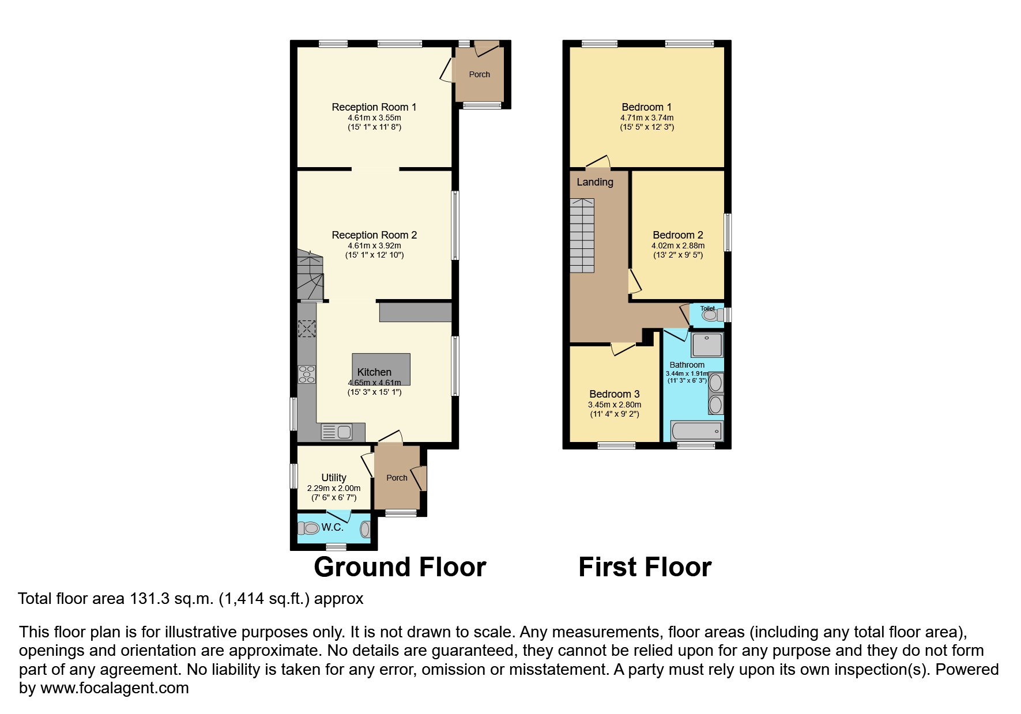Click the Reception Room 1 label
click(x=374, y=107)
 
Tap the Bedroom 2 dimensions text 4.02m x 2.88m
click(x=678, y=245)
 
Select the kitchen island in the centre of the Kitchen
click(x=381, y=369)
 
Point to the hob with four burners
click(x=307, y=375)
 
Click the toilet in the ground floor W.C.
click(x=310, y=528)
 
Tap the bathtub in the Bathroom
click(x=696, y=430)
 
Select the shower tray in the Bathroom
click(x=707, y=344)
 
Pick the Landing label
click(x=594, y=182)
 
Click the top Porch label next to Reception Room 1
click(x=479, y=74)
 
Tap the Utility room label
click(x=333, y=477)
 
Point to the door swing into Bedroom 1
click(x=598, y=162)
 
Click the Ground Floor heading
click(x=400, y=567)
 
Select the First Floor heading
click(x=645, y=567)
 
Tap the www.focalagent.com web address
click(x=114, y=688)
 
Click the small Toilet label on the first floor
click(x=707, y=308)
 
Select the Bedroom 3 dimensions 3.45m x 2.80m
click(x=614, y=405)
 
